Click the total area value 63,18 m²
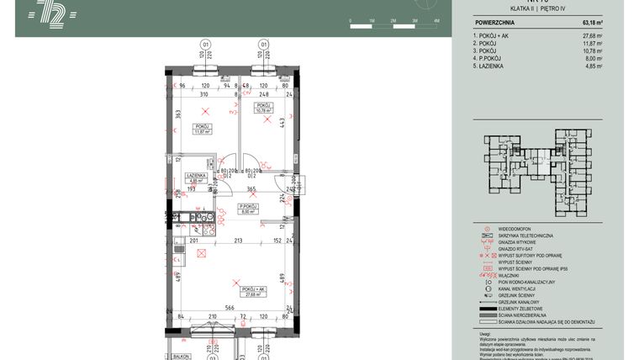592,23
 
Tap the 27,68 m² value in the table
592,36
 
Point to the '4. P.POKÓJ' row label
493,59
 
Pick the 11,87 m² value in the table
592,44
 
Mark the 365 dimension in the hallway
251,189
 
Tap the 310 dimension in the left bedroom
203,94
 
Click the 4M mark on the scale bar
436,19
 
